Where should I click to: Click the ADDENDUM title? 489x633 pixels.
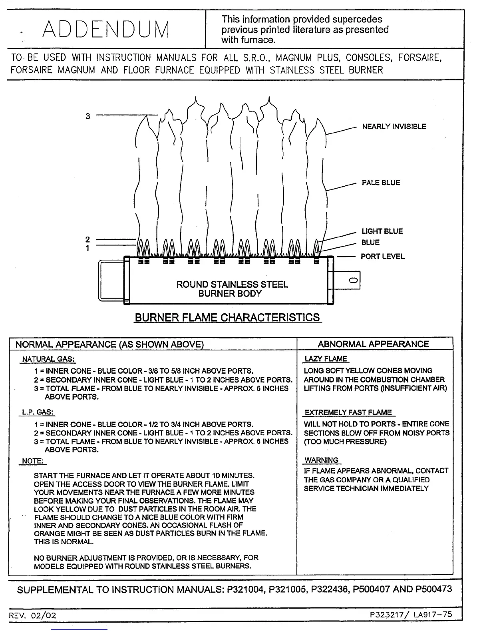coord(106,29)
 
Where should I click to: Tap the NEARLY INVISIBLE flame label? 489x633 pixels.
coord(394,127)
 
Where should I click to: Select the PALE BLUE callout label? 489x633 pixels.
coord(380,183)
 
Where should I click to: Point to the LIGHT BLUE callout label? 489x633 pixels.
coord(382,231)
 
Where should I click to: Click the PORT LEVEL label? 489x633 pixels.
coord(382,257)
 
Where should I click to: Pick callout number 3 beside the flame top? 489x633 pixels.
coord(88,116)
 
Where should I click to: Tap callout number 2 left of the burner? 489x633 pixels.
coord(88,239)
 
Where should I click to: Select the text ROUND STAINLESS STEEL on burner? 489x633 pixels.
coord(232,285)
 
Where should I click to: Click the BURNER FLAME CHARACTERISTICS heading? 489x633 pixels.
coord(227,318)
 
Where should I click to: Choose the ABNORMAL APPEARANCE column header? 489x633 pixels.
coord(373,344)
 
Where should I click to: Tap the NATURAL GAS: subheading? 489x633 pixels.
coord(48,359)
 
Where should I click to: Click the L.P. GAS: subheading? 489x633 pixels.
coord(38,412)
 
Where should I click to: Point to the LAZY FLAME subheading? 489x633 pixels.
coord(326,359)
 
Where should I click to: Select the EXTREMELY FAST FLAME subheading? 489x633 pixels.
coord(348,412)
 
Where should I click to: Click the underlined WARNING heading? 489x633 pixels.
coord(322,460)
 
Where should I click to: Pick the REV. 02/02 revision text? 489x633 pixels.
coord(34,615)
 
